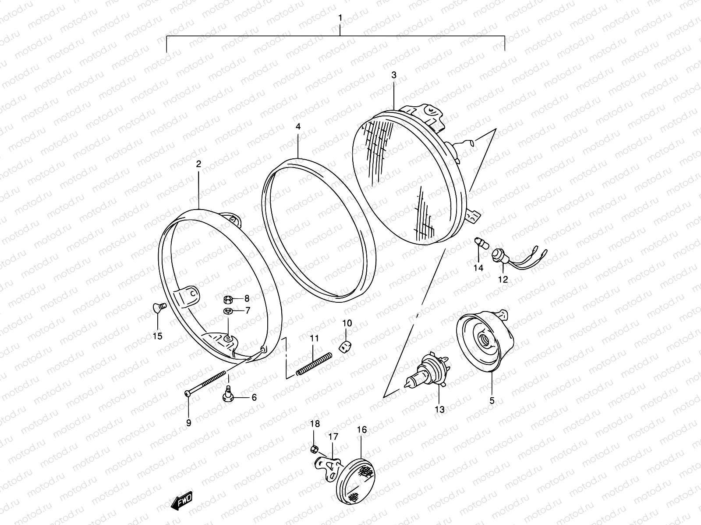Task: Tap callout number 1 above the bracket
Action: (340, 18)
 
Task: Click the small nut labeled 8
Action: (227, 299)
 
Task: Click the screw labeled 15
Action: (159, 307)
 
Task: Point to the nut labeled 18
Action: (314, 448)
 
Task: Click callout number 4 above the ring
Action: (298, 126)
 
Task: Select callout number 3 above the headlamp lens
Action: (393, 75)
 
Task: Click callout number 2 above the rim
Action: (198, 164)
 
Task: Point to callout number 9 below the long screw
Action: (188, 423)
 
